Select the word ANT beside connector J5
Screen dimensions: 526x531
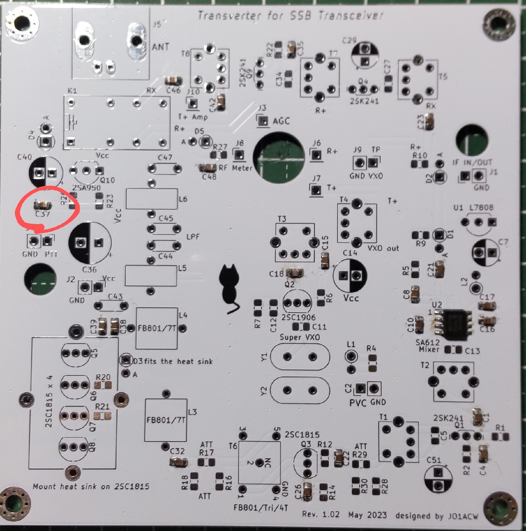[x=161, y=47]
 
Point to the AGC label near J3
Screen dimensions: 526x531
[x=281, y=121]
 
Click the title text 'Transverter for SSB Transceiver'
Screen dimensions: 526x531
[x=290, y=16]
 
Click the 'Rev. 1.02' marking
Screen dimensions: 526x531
[x=321, y=514]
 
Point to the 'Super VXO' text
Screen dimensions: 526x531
[x=299, y=337]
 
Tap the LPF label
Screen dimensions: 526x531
[x=193, y=237]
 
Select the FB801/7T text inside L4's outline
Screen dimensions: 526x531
[x=157, y=328]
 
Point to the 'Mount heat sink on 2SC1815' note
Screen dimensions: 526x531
[x=91, y=487]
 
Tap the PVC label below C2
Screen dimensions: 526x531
[x=358, y=403]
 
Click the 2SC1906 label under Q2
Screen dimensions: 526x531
[x=298, y=317]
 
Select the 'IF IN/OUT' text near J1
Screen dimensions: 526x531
[x=472, y=163]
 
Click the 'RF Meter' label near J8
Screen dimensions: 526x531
[x=235, y=168]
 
